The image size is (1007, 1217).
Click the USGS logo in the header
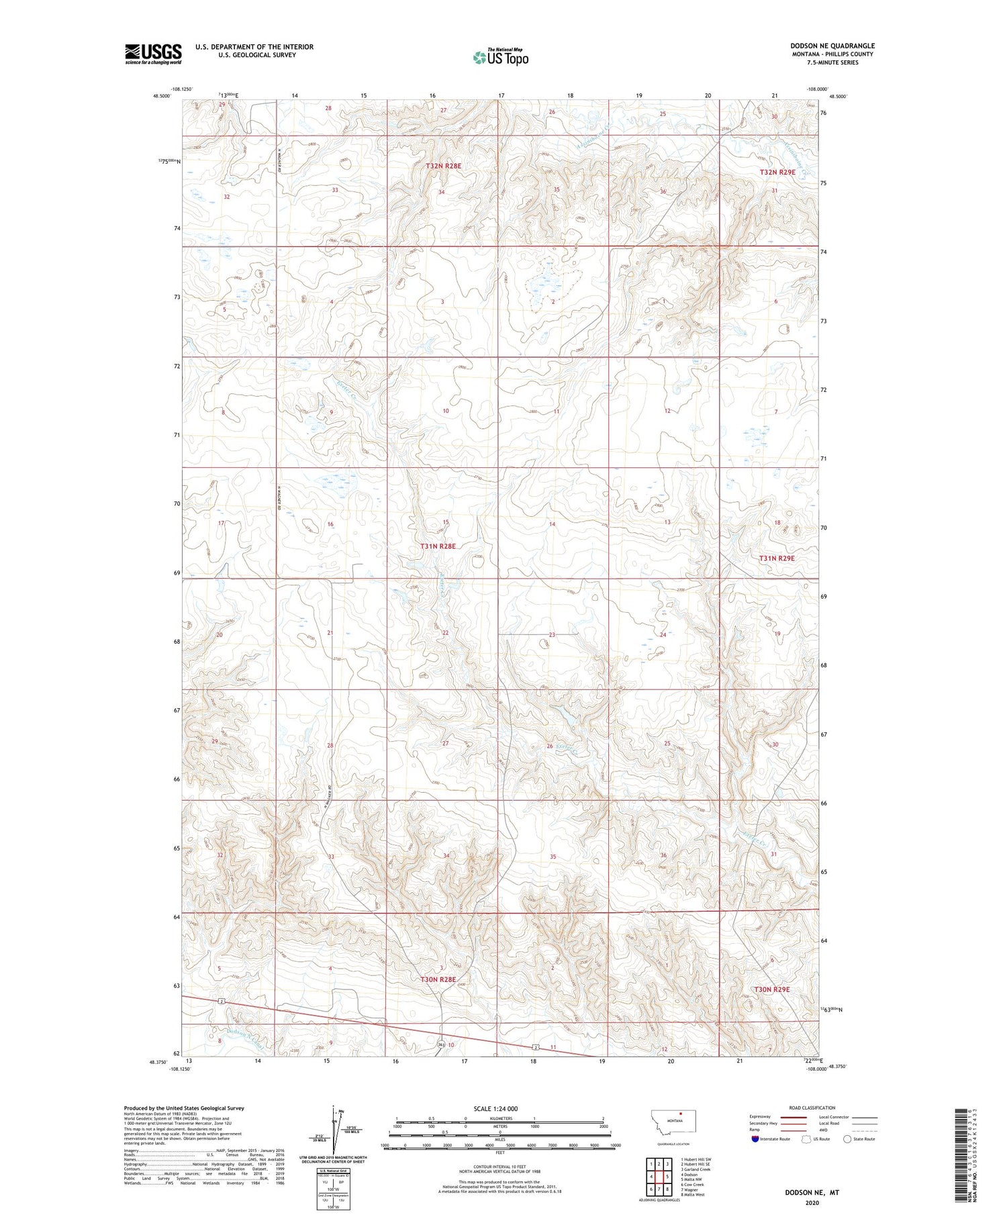pos(153,54)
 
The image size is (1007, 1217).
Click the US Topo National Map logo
pos(500,57)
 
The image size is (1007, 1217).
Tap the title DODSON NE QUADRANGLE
pos(832,46)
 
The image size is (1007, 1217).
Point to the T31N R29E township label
pos(777,558)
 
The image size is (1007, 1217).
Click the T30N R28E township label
pos(438,979)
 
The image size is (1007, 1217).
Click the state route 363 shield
pos(441,1044)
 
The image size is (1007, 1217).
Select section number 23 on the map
pos(553,634)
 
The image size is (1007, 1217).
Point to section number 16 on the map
pos(330,524)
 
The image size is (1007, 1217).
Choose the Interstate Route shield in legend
pos(755,1139)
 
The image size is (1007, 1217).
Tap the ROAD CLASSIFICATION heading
pos(812,1108)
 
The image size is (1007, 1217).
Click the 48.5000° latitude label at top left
pos(162,96)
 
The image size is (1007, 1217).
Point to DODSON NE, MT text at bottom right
pos(812,1194)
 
